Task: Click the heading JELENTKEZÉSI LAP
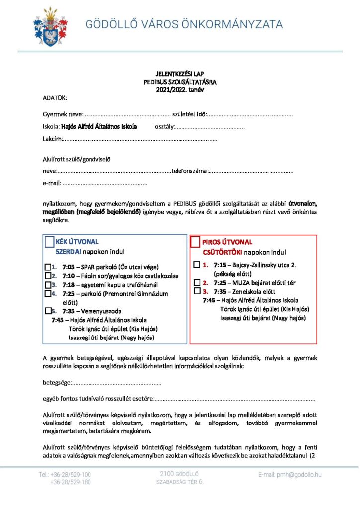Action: pos(180,75)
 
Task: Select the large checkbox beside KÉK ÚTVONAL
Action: pos(49,242)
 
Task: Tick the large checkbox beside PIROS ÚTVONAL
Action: pos(195,242)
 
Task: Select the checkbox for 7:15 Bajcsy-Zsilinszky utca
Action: pos(197,265)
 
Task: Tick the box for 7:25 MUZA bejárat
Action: pos(197,282)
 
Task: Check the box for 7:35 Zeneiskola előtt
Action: pos(197,291)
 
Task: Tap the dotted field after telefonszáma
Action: pos(251,172)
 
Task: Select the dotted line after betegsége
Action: pos(117,383)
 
